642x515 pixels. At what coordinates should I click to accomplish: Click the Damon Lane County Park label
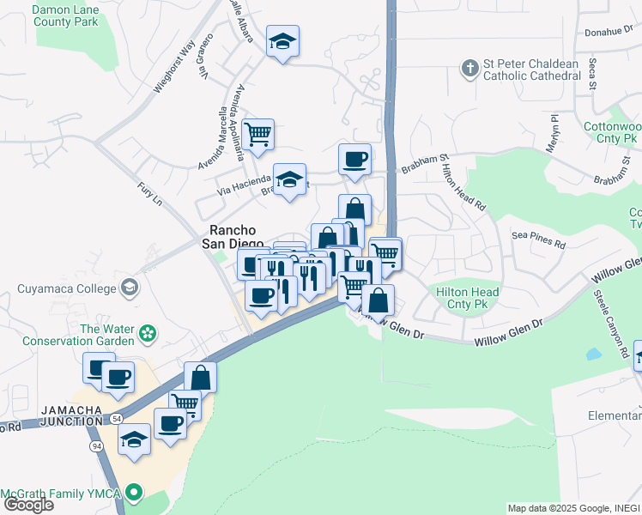(x=65, y=16)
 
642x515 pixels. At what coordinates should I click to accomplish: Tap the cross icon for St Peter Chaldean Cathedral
(x=469, y=68)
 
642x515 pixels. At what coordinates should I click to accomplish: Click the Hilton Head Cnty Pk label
(x=468, y=300)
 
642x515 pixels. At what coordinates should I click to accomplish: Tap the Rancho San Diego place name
(x=238, y=236)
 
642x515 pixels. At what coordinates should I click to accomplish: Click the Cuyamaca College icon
(x=130, y=285)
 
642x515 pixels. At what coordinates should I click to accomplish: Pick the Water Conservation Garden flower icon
(x=148, y=331)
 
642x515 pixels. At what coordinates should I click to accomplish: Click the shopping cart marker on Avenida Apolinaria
(x=257, y=135)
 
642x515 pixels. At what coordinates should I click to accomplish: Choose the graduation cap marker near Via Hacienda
(x=289, y=179)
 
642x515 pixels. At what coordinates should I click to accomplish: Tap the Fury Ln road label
(x=149, y=195)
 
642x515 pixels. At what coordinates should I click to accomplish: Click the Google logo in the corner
(x=27, y=505)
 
